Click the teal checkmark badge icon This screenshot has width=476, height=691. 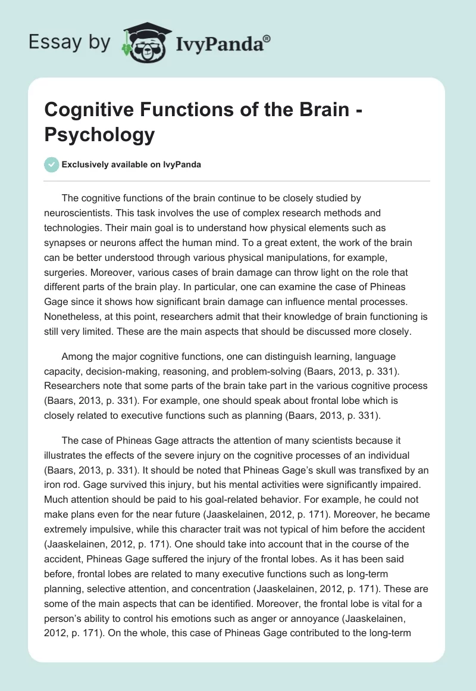pos(51,164)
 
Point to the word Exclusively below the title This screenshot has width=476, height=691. pos(86,164)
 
